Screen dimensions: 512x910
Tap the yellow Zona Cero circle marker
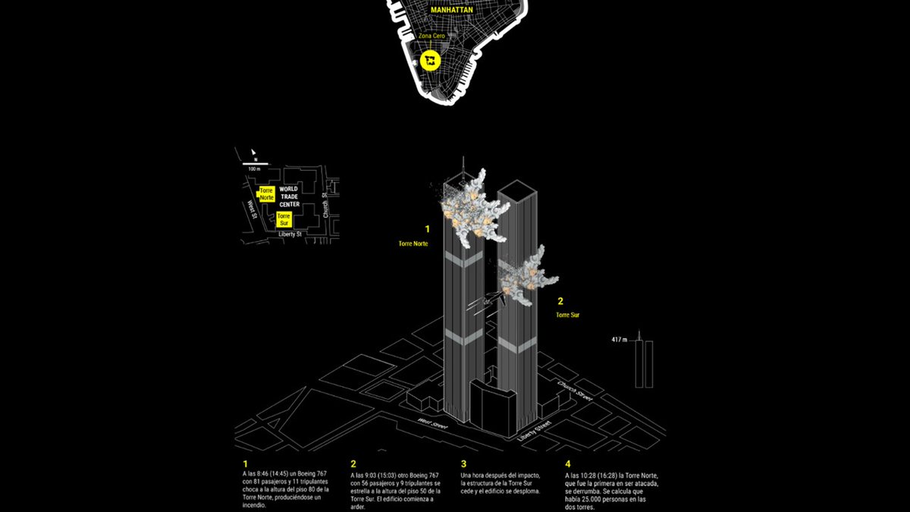coord(431,60)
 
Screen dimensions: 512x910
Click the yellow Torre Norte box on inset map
coord(266,193)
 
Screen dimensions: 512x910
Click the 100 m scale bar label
coord(254,168)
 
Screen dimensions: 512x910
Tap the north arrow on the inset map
coord(256,152)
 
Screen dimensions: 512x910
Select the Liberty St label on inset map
coord(289,234)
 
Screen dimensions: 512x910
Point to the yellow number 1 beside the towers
coord(427,228)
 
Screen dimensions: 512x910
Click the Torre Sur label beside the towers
coord(566,314)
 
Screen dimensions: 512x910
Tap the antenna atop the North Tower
coord(464,167)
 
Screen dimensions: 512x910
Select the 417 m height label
coord(620,339)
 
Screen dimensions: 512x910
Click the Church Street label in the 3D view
coord(573,391)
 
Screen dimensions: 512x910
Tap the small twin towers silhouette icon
coord(644,362)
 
